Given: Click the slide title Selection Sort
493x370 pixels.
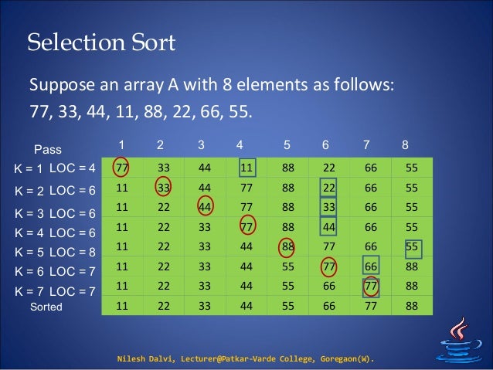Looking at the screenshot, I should point(101,42).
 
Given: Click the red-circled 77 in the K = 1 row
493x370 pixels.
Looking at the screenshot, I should point(121,168).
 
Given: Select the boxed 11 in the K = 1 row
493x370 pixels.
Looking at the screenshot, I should point(247,168).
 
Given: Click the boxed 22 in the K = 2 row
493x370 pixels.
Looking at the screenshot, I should point(330,188).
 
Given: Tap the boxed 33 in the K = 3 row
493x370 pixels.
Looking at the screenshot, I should point(330,207).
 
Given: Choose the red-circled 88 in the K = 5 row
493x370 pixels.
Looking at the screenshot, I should point(288,246).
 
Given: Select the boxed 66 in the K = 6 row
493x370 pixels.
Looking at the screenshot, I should point(372,266).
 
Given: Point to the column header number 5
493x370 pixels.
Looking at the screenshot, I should point(287,144).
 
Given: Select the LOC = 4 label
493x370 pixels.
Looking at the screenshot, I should point(71,168).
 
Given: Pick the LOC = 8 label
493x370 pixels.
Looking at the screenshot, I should point(71,252).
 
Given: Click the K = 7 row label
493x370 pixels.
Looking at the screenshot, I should point(29,291).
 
